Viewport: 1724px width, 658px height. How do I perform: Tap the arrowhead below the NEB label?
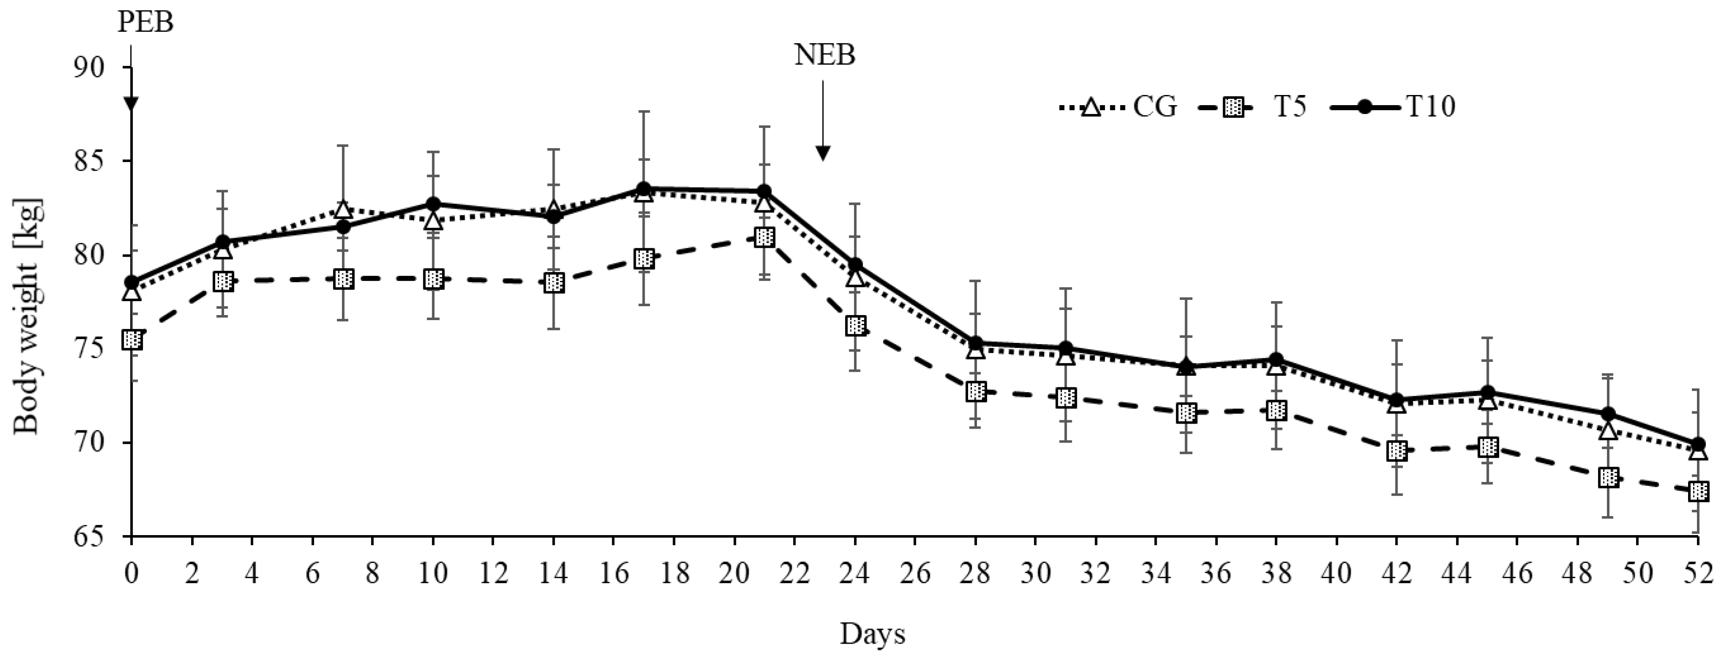[823, 153]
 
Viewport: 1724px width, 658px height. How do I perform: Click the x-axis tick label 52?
[1698, 574]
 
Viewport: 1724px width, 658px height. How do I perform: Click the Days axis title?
[872, 633]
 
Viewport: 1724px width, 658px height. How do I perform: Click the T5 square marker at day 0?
[132, 340]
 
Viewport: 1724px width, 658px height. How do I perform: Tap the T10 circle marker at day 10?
[434, 204]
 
